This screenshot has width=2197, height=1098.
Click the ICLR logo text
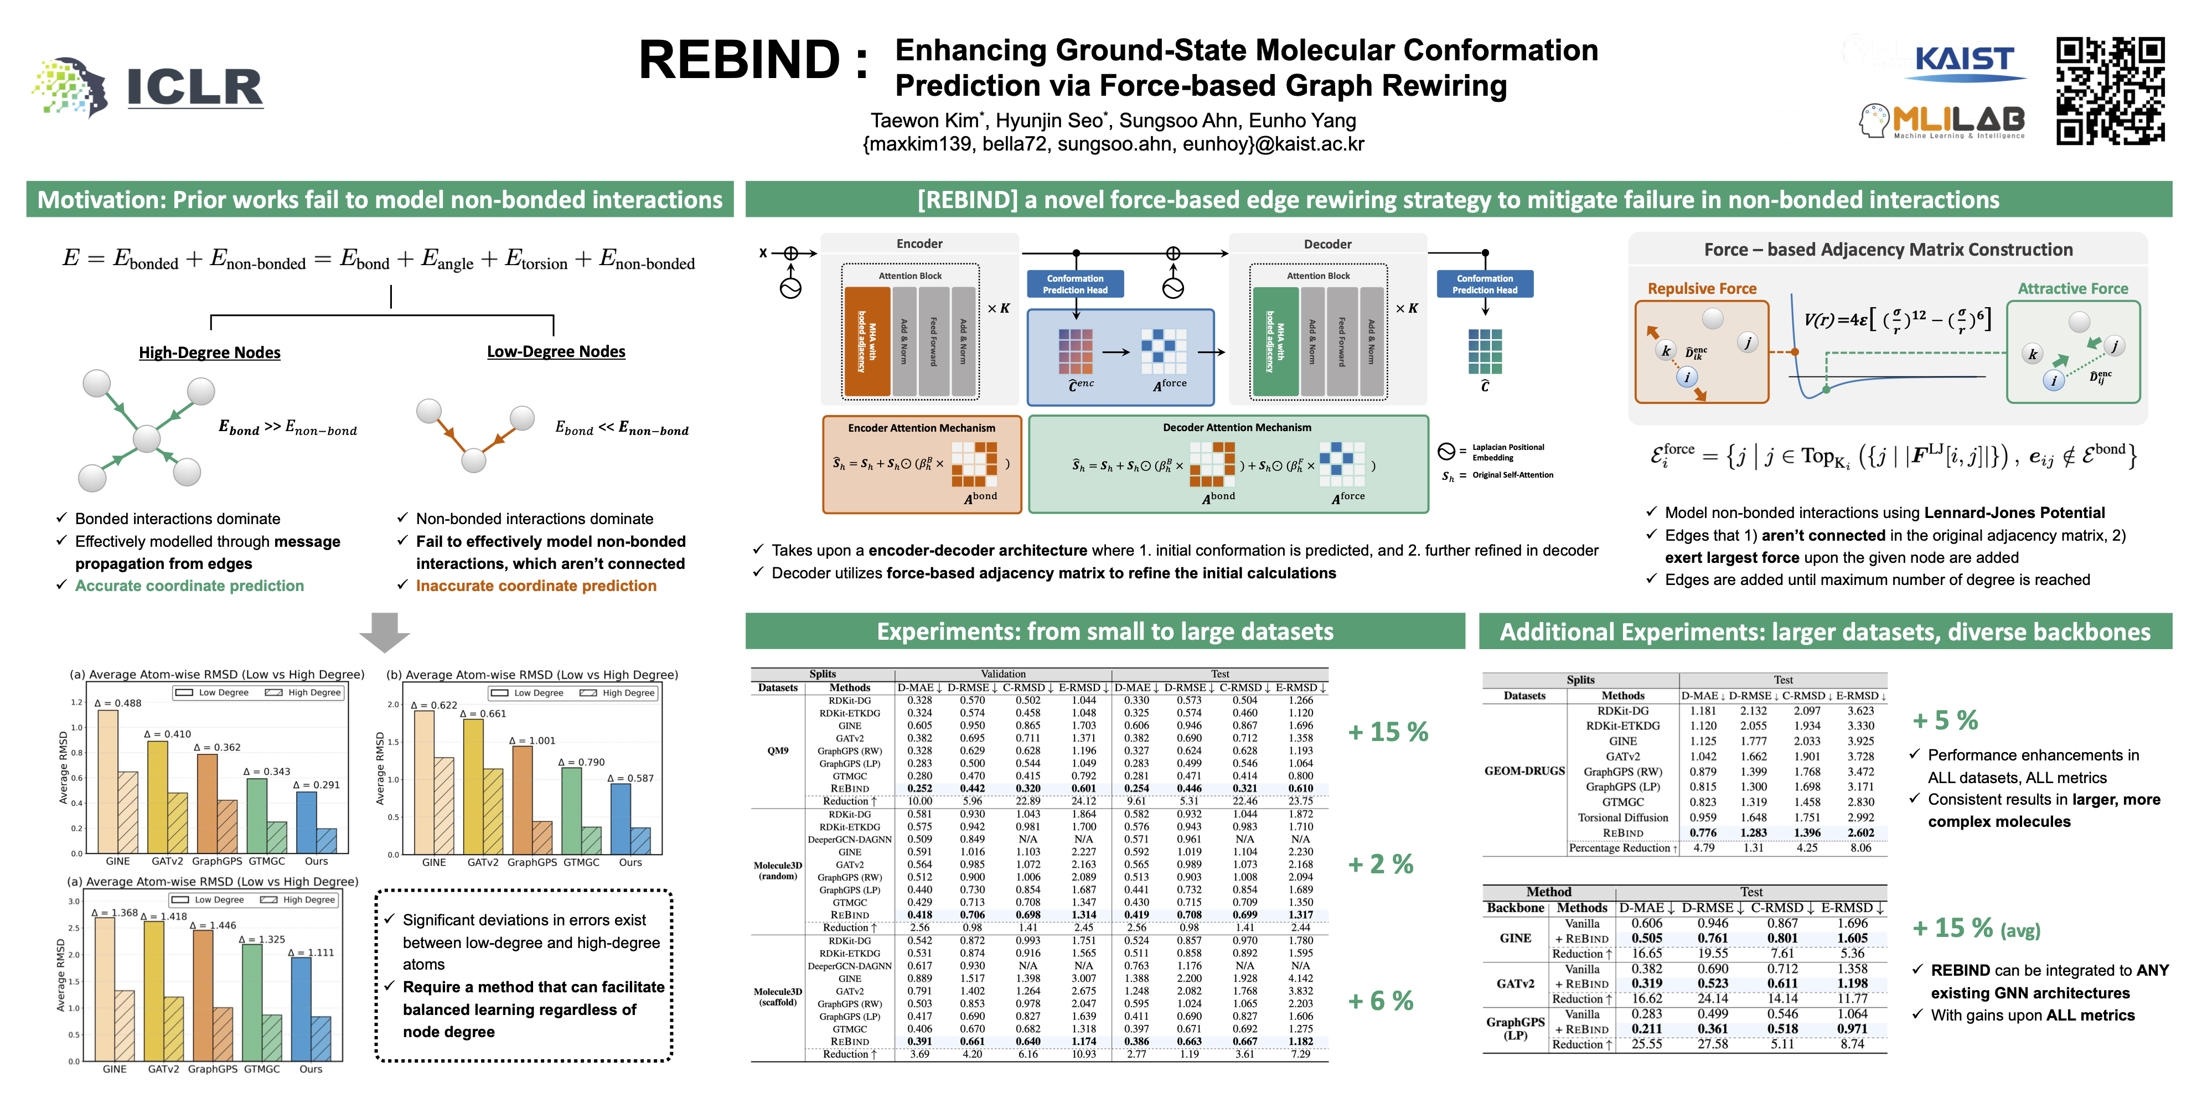194,87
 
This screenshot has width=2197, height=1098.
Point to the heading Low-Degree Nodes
556,352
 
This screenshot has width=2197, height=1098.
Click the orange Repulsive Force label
1702,289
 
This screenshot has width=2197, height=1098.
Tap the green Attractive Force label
2072,289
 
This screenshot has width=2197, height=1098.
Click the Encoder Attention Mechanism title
921,428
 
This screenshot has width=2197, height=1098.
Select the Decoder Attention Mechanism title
1237,428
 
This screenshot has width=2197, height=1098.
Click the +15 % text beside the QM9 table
1388,732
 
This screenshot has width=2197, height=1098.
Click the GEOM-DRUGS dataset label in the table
1524,770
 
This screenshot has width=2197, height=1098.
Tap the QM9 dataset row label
777,751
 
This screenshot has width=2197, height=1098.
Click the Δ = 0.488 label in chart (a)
118,703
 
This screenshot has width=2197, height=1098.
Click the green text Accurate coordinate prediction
189,586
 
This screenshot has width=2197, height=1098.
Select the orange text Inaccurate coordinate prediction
536,586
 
